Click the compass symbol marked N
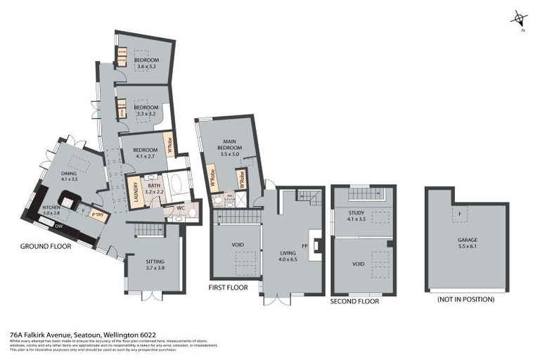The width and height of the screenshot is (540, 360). pyautogui.click(x=519, y=19)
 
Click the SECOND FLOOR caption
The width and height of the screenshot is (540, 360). pyautogui.click(x=354, y=301)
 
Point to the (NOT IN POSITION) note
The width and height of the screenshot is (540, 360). pyautogui.click(x=466, y=300)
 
